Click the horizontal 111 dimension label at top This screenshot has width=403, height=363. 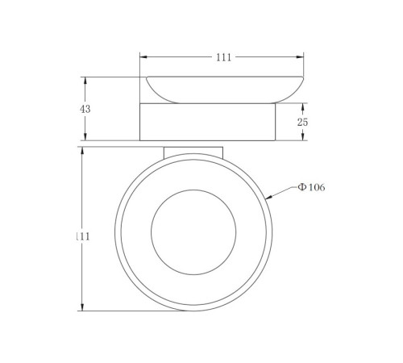pyautogui.click(x=223, y=57)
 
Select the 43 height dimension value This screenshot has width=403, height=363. pyautogui.click(x=85, y=109)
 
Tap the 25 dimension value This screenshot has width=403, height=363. pyautogui.click(x=302, y=122)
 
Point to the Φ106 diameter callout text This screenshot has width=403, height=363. pyautogui.click(x=311, y=187)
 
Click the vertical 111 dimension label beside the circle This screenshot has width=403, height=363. pyautogui.click(x=83, y=236)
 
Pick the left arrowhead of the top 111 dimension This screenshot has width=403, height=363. pyautogui.click(x=143, y=57)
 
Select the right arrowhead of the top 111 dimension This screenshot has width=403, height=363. pyautogui.click(x=300, y=57)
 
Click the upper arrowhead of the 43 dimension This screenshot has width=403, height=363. pyautogui.click(x=85, y=81)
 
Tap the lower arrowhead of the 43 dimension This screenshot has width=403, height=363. pyautogui.click(x=85, y=136)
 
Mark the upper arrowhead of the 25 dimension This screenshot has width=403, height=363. pyautogui.click(x=302, y=107)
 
